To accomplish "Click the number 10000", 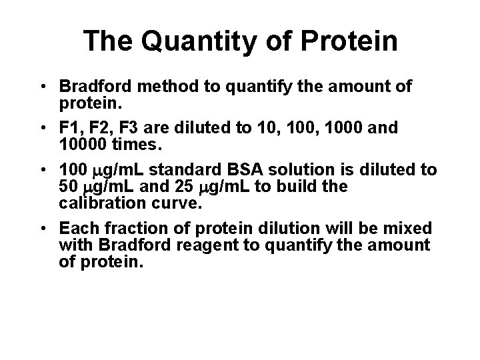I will [83, 143].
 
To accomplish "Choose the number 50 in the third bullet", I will [67, 186].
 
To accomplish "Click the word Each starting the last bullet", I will [75, 229].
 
